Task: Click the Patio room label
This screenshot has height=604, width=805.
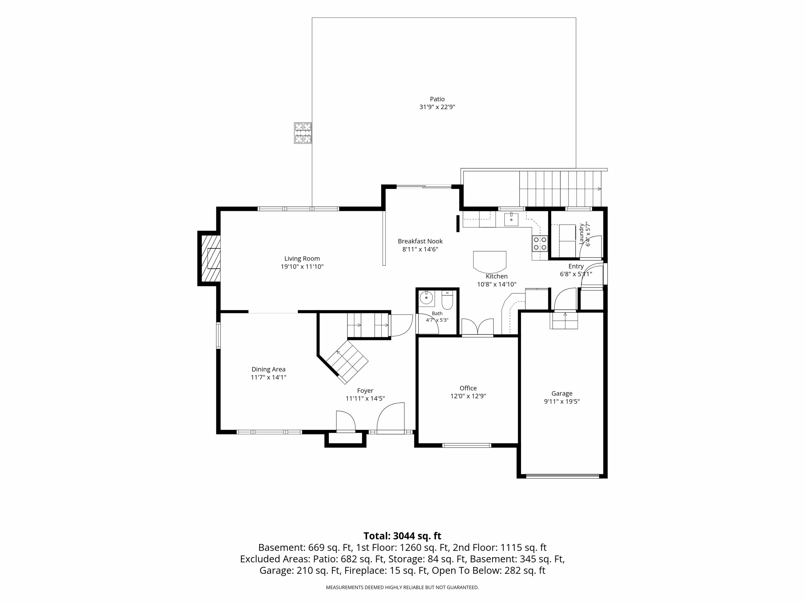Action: (437, 99)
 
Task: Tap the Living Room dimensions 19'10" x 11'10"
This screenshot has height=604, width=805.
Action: (302, 266)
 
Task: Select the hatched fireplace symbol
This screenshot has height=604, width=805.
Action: (210, 259)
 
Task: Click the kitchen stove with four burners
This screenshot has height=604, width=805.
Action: (540, 243)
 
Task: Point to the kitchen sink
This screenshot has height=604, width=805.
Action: (511, 220)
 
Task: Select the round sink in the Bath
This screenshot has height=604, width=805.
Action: (426, 298)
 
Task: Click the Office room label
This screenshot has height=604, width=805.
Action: (468, 388)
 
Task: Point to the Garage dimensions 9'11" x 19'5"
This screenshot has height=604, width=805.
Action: (562, 402)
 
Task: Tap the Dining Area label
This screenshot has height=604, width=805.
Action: (269, 369)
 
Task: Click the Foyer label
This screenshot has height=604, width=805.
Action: (365, 391)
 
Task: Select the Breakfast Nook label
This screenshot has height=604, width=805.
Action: (420, 241)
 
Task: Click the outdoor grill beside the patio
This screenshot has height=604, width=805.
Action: (303, 133)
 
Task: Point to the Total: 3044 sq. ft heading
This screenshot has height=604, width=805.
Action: (402, 536)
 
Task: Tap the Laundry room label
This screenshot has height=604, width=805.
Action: (581, 233)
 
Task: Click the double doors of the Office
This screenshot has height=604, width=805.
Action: (477, 327)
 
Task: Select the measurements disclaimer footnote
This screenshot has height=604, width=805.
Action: (402, 587)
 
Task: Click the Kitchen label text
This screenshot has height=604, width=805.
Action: (497, 276)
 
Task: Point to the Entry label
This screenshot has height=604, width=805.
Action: (576, 266)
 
